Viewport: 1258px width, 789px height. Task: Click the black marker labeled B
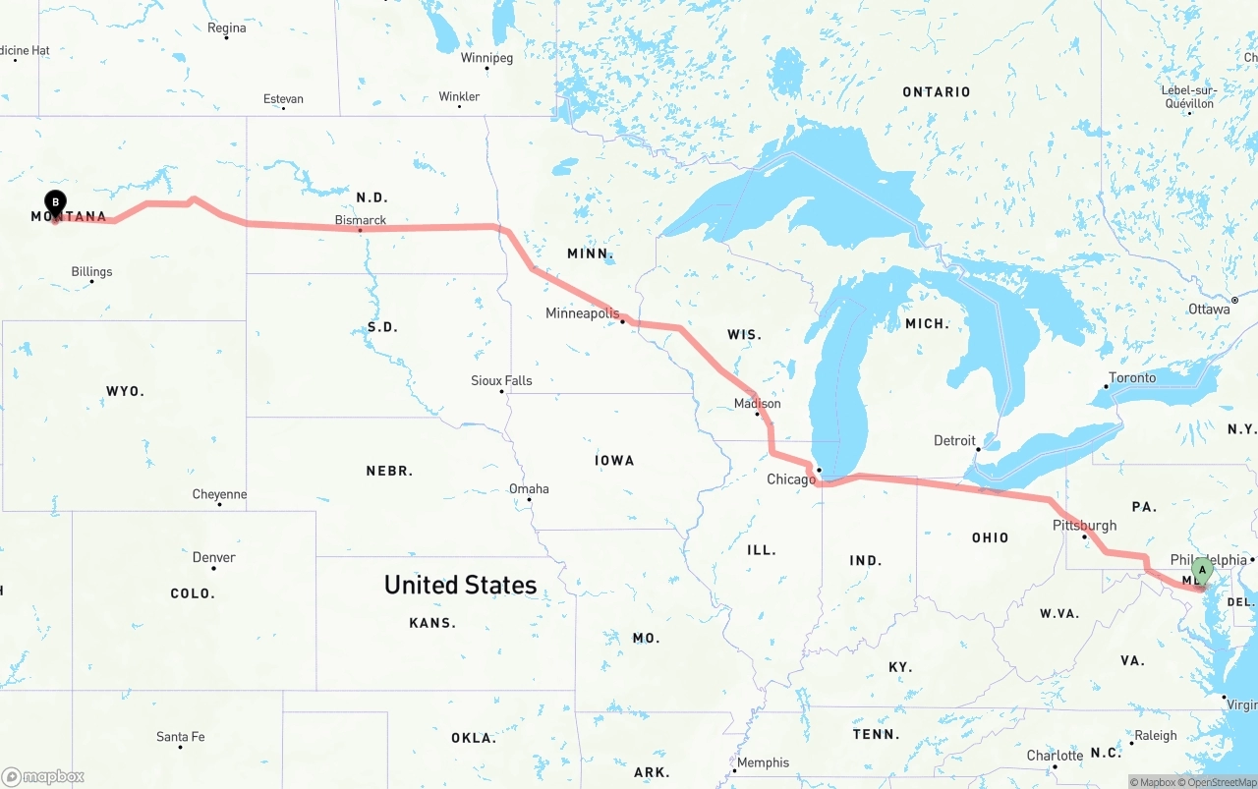[56, 202]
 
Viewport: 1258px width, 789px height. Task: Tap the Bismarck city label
[361, 220]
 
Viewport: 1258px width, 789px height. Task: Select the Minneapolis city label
[583, 313]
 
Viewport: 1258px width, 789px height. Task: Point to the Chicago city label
[791, 479]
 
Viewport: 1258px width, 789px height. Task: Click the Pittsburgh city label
[1084, 526]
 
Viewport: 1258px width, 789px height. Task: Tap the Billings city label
[91, 272]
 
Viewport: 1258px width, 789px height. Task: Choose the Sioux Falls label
[501, 380]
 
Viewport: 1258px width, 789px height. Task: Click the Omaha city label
[529, 489]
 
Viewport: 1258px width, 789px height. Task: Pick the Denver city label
[213, 557]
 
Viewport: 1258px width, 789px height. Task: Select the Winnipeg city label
[486, 58]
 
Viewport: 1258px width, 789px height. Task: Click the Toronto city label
[1132, 377]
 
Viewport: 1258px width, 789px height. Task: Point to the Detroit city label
[954, 440]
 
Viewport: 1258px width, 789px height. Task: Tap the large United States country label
[460, 585]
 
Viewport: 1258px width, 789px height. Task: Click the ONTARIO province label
[936, 92]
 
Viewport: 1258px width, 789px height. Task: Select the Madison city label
[757, 404]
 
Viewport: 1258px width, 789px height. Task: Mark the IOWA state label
[614, 461]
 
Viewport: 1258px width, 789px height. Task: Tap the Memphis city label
[763, 762]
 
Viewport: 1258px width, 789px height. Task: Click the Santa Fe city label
[180, 737]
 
